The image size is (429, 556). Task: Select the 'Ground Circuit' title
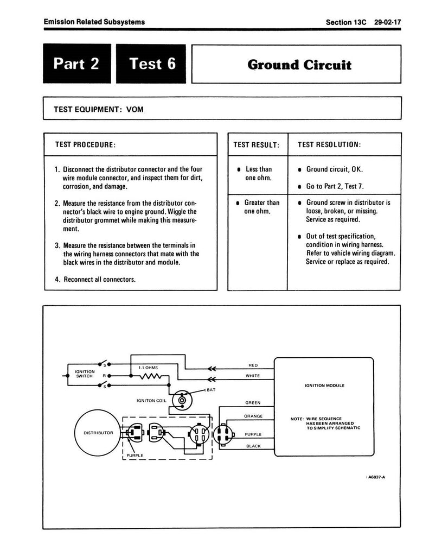point(299,65)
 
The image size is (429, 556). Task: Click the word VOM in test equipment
point(135,109)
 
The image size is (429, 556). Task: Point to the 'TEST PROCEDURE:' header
point(85,145)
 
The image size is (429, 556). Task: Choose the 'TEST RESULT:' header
point(257,145)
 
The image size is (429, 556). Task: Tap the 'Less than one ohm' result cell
point(258,174)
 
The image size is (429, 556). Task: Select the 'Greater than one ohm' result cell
point(261,207)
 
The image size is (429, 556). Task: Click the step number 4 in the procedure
point(57,280)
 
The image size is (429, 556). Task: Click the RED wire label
point(253,365)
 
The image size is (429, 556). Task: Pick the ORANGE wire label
point(253,416)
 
